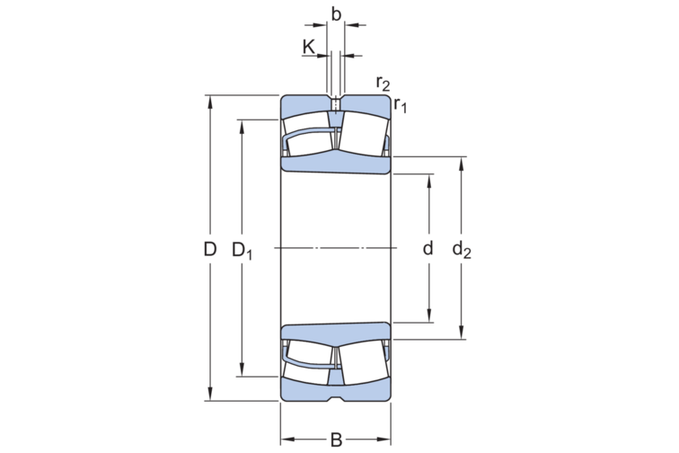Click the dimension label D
click(x=210, y=249)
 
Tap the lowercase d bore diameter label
click(x=428, y=248)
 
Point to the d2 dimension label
click(x=462, y=250)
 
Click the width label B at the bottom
click(x=336, y=440)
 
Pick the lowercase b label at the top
click(x=336, y=14)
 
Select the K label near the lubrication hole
click(x=309, y=47)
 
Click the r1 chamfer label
click(x=401, y=106)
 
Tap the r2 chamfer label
click(x=384, y=84)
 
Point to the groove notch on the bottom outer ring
click(x=336, y=396)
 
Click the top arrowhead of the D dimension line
click(x=210, y=100)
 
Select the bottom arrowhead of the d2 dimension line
click(x=462, y=333)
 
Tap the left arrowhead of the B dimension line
click(x=287, y=440)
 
